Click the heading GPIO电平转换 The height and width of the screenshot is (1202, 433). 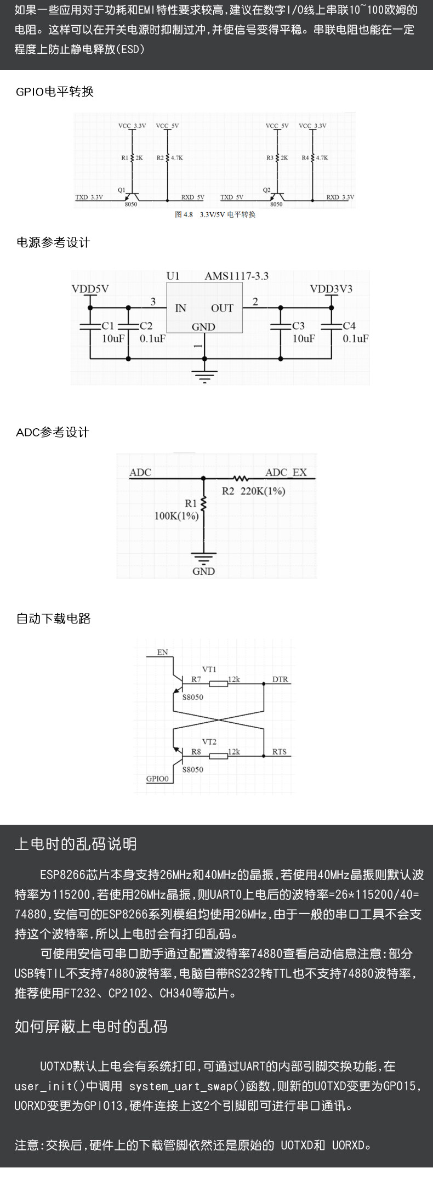(55, 92)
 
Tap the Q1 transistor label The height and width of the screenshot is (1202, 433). (122, 190)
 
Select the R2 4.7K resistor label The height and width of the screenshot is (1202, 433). (170, 157)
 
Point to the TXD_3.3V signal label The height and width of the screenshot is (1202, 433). (89, 197)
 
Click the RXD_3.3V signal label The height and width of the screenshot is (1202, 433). (340, 197)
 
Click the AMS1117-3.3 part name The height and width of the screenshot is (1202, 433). (237, 276)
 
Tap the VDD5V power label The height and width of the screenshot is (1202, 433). (90, 288)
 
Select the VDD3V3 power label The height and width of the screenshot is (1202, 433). (331, 288)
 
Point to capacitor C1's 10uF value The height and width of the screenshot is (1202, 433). (113, 338)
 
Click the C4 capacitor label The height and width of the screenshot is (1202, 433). (349, 326)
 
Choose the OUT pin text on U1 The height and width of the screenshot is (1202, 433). (222, 308)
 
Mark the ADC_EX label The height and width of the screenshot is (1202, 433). (286, 472)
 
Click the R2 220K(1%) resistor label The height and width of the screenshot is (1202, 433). (253, 491)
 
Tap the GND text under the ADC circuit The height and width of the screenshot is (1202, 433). (203, 571)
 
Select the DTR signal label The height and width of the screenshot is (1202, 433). (280, 679)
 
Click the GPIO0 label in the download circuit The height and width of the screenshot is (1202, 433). (157, 778)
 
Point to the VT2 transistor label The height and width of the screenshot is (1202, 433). (209, 741)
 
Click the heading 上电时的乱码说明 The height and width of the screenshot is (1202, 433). (76, 844)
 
